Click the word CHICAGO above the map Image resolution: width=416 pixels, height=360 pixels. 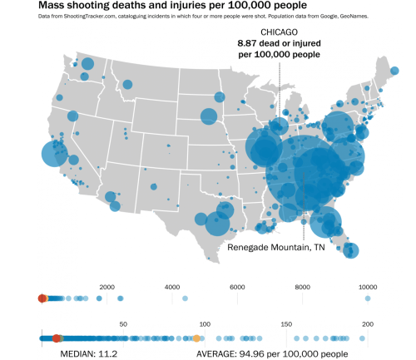[x=279, y=32]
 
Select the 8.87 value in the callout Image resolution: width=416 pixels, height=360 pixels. [x=248, y=43]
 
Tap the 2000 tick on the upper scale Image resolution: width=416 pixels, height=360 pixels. [x=106, y=287]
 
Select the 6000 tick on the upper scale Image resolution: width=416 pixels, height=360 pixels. [x=237, y=287]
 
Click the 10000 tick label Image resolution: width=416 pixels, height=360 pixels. [x=368, y=287]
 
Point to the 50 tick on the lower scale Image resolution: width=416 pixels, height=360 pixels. [x=123, y=324]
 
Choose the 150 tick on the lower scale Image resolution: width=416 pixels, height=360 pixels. [x=286, y=324]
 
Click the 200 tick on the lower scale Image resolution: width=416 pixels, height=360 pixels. [x=367, y=324]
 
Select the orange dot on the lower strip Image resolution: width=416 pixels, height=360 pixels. [x=196, y=338]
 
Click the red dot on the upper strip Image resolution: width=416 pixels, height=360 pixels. [x=42, y=298]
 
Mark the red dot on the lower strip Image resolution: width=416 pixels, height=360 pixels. [x=57, y=338]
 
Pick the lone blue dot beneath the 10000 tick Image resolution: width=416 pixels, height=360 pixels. [x=367, y=298]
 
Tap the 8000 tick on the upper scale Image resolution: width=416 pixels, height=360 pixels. [x=302, y=287]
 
